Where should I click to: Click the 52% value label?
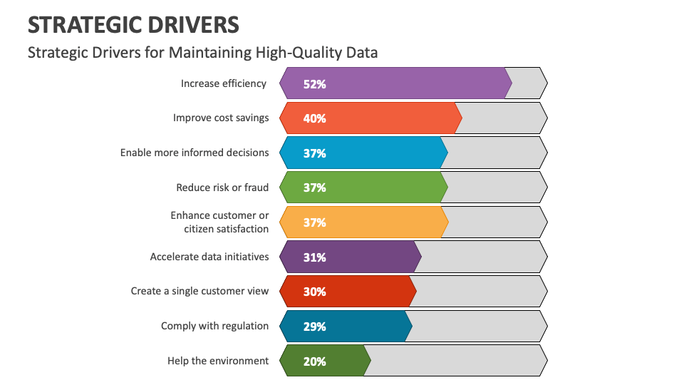[314, 83]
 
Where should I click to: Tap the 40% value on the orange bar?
[314, 118]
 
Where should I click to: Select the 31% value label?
[314, 257]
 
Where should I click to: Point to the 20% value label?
[314, 361]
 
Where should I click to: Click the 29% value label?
[314, 327]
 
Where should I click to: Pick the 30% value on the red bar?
[314, 292]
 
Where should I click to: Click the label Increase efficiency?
[224, 83]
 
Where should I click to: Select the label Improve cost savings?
[221, 118]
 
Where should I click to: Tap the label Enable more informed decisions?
[195, 153]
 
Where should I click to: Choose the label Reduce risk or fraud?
[222, 188]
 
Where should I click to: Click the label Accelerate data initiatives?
[209, 257]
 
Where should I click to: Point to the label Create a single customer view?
[199, 291]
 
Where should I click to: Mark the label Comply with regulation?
[214, 326]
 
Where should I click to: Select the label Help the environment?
[218, 361]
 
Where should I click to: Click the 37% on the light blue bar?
[314, 153]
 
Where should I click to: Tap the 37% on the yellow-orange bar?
[314, 222]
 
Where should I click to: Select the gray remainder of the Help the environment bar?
[456, 361]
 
